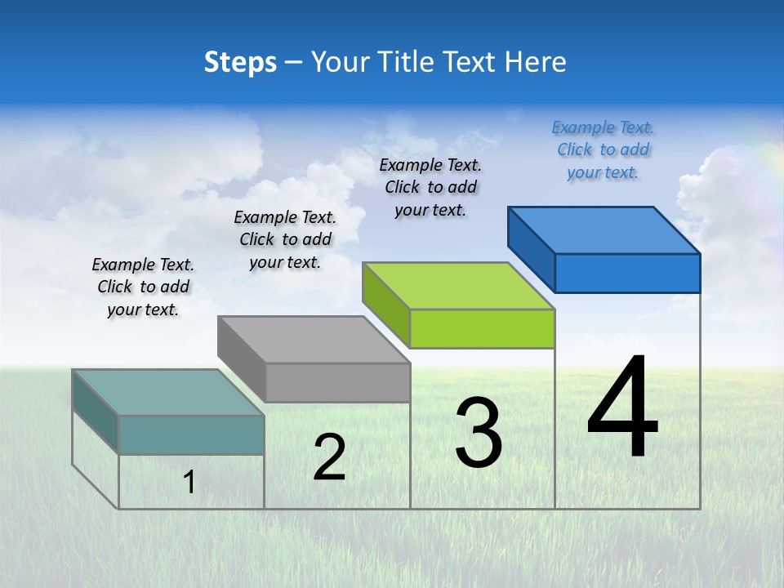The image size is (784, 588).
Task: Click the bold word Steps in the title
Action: pyautogui.click(x=240, y=62)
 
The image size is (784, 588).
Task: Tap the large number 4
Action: pyautogui.click(x=622, y=408)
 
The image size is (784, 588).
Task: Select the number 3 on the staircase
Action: pyautogui.click(x=479, y=433)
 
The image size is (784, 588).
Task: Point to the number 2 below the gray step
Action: pyautogui.click(x=329, y=457)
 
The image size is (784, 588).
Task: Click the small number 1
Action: pyautogui.click(x=189, y=483)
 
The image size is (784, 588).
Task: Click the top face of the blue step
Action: pyautogui.click(x=604, y=230)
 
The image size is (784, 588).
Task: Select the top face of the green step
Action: pyautogui.click(x=458, y=286)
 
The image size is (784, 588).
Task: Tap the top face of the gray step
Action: pyautogui.click(x=314, y=340)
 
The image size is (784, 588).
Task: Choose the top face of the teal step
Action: pyautogui.click(x=168, y=393)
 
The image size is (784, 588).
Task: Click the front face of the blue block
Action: pyautogui.click(x=627, y=273)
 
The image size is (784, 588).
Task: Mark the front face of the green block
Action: pyautogui.click(x=482, y=328)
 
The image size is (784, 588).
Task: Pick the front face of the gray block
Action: pyautogui.click(x=337, y=382)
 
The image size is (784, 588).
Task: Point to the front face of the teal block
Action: pyautogui.click(x=191, y=434)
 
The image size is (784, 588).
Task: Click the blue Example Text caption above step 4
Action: pyautogui.click(x=603, y=149)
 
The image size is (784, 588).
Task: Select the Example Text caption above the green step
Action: pyautogui.click(x=430, y=187)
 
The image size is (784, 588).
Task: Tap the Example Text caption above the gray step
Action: pyautogui.click(x=285, y=239)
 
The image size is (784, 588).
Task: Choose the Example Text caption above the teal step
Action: pyautogui.click(x=143, y=287)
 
